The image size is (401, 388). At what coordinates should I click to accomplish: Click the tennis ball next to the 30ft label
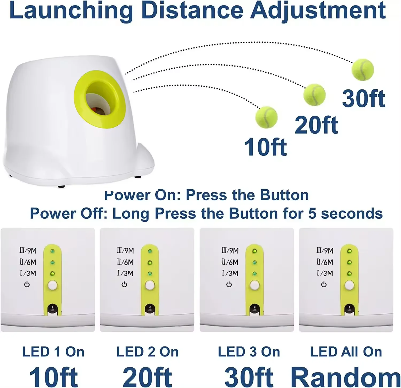pos(363,70)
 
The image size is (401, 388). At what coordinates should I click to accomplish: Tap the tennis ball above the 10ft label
pos(266,117)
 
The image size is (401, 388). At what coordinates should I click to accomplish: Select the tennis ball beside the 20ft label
pos(314,95)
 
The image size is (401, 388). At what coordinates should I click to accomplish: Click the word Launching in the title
pos(71,10)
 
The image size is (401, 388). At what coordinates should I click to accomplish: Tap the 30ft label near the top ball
pos(364,99)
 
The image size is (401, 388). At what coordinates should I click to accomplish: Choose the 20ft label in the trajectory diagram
pos(316,125)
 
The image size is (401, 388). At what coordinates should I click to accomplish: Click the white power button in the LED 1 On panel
pos(53,285)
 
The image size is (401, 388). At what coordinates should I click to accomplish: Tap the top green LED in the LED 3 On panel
pos(255,251)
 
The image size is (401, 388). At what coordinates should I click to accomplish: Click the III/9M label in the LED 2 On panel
pos(125,251)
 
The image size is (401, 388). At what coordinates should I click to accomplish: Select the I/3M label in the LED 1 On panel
pos(28,273)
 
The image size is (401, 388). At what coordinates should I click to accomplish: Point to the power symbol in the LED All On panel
pos(324,285)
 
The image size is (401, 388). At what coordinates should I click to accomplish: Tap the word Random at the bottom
pos(345,377)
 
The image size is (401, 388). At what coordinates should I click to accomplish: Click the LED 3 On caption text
pos(249,352)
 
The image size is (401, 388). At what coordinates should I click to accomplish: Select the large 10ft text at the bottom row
pos(53,377)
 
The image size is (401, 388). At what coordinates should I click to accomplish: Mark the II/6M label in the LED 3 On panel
pos(230,262)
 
